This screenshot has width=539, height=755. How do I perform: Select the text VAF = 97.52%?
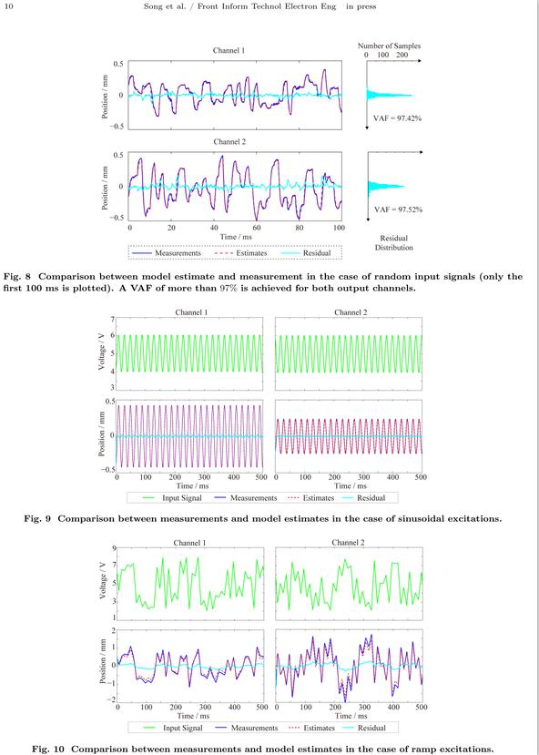(x=398, y=209)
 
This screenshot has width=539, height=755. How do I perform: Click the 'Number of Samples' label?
(x=389, y=46)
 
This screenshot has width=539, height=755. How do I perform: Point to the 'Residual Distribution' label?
(x=394, y=242)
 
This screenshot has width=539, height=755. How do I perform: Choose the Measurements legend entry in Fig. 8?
(x=167, y=253)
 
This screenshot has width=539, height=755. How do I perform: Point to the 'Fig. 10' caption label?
(x=48, y=749)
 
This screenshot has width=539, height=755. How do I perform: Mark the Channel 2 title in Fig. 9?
(x=349, y=313)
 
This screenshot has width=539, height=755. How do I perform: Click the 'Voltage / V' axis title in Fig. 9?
(x=102, y=353)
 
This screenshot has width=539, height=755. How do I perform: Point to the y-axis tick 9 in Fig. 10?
(x=114, y=548)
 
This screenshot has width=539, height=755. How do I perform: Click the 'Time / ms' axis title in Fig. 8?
(x=235, y=237)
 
